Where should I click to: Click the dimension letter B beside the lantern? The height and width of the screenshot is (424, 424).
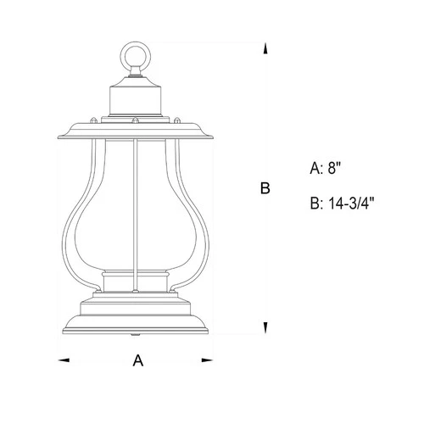click(265, 188)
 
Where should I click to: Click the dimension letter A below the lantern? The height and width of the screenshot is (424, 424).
click(137, 360)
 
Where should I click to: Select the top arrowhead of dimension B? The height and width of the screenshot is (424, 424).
click(266, 52)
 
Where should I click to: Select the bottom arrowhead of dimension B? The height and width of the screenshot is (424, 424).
click(266, 328)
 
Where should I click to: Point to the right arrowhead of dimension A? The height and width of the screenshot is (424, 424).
click(207, 360)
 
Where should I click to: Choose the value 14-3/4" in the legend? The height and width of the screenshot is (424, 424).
click(350, 204)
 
